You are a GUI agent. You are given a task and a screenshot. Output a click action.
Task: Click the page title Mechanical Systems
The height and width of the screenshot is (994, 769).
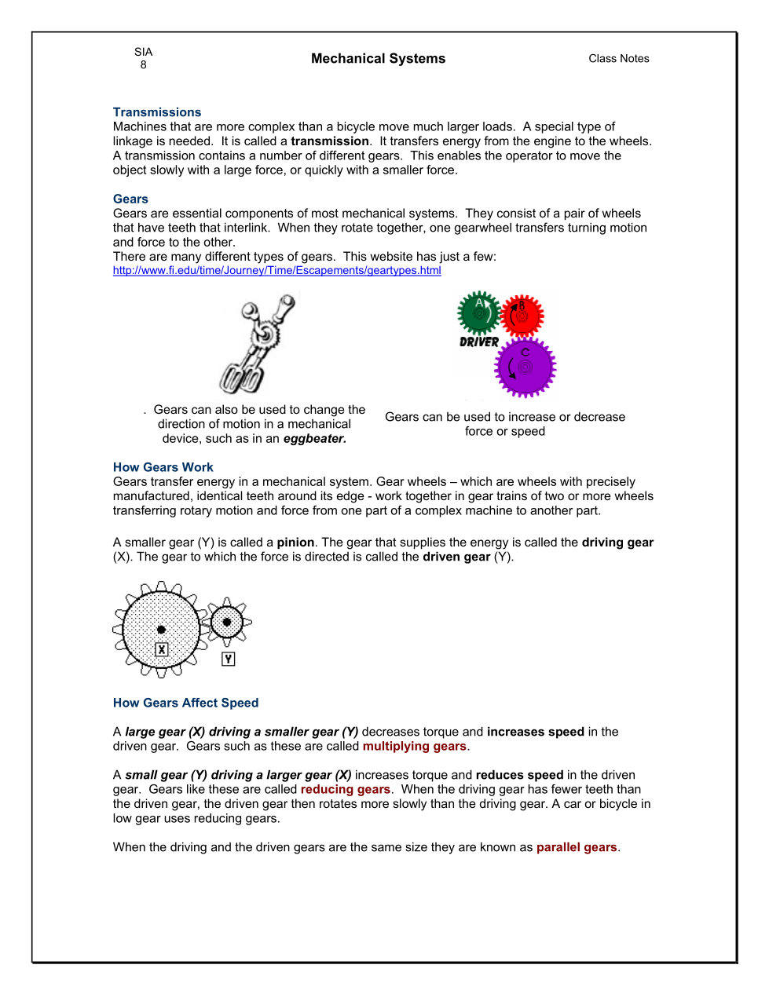click(x=378, y=59)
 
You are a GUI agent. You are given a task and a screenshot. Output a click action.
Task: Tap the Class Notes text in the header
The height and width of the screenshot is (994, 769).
click(x=619, y=59)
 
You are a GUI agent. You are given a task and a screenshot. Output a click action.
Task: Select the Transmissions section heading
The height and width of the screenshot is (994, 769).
click(x=157, y=112)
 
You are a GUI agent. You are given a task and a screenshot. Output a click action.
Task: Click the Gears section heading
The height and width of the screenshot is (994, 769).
click(x=130, y=199)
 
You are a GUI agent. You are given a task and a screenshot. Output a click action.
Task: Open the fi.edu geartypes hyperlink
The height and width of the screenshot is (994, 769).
click(x=276, y=271)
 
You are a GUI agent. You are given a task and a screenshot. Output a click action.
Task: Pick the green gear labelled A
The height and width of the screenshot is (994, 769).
click(x=478, y=312)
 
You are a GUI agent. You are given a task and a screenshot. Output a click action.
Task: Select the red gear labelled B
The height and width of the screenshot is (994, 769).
click(x=522, y=316)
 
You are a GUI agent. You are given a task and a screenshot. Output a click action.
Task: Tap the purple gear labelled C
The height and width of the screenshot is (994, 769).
click(x=525, y=367)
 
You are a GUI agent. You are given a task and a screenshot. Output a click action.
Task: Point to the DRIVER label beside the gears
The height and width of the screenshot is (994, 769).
click(x=479, y=342)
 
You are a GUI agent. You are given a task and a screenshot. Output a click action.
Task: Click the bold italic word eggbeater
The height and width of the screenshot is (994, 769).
click(x=314, y=439)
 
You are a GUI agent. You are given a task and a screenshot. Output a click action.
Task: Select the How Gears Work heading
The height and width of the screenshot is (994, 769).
click(x=163, y=467)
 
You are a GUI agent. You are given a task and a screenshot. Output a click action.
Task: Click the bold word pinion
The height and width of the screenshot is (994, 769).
click(x=295, y=543)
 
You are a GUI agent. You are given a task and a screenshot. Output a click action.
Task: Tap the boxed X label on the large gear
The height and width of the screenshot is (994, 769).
click(x=162, y=649)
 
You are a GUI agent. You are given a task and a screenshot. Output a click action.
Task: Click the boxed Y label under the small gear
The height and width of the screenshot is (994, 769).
click(x=228, y=660)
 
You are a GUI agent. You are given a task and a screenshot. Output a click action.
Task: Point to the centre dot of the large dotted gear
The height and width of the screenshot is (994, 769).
click(x=161, y=629)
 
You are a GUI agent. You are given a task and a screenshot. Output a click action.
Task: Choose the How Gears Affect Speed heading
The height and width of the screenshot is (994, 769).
click(x=185, y=703)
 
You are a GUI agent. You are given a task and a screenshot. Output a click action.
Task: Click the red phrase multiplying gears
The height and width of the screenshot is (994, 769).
click(x=414, y=747)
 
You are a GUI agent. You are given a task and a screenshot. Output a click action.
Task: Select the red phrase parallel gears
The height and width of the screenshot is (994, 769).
click(x=577, y=848)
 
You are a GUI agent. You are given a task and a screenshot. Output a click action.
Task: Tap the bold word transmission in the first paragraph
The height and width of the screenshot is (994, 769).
click(x=330, y=141)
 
